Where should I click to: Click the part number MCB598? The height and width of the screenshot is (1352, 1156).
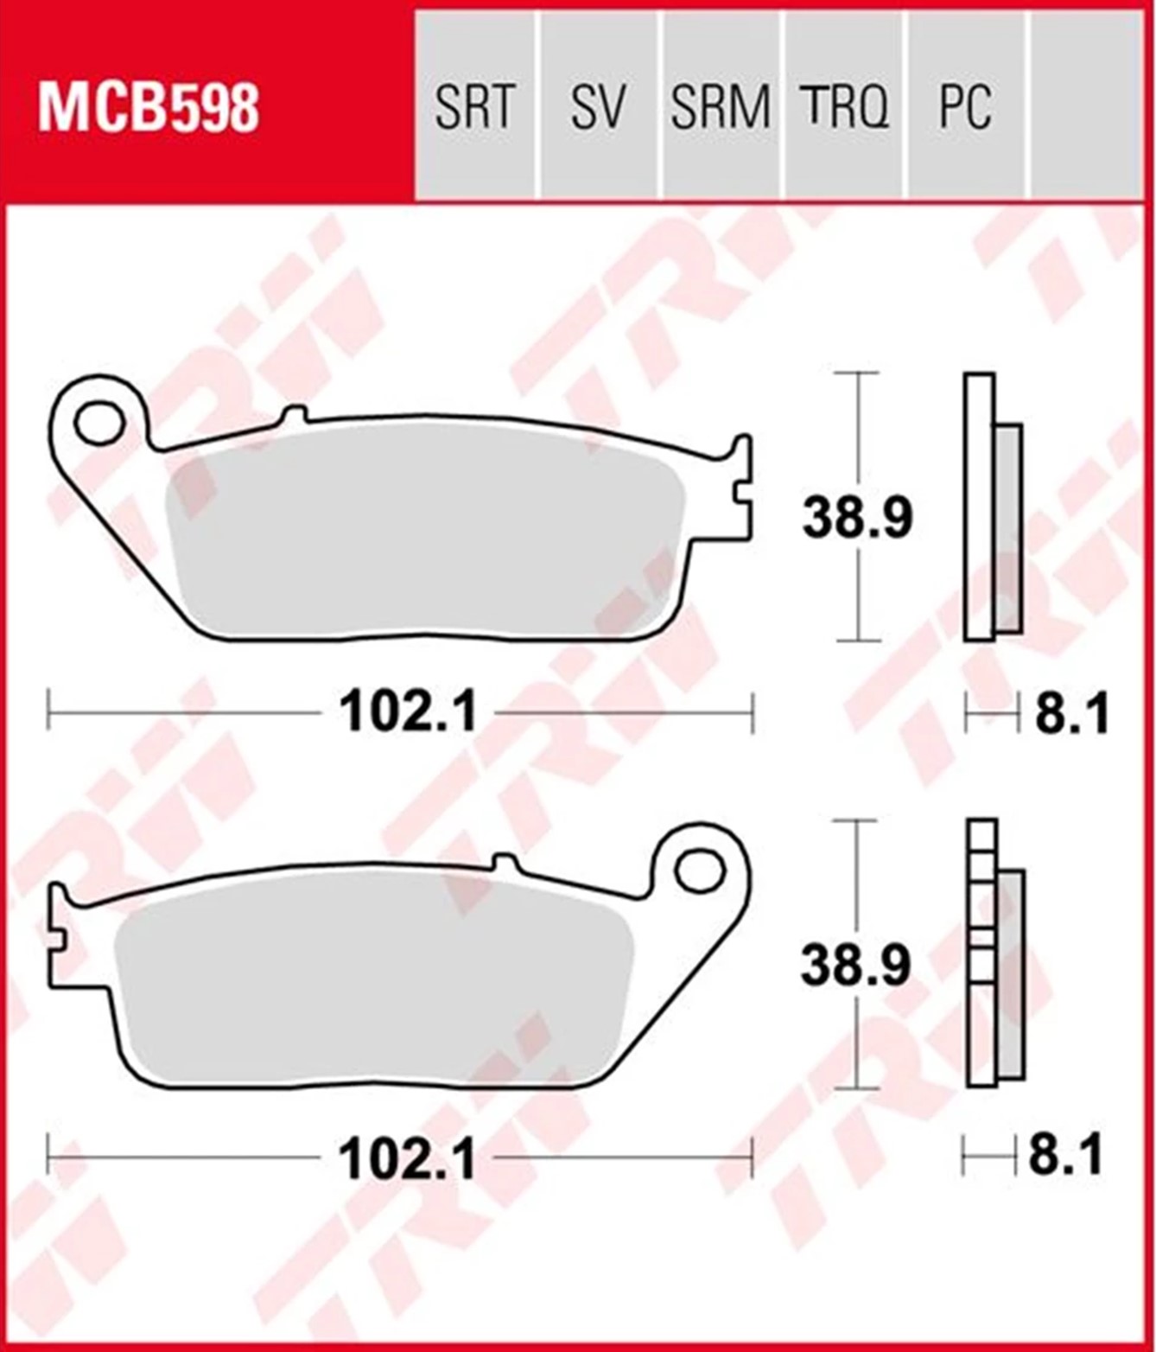pyautogui.click(x=149, y=106)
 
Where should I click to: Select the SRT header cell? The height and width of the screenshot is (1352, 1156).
pyautogui.click(x=474, y=105)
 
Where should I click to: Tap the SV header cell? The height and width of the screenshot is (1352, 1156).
pyautogui.click(x=598, y=105)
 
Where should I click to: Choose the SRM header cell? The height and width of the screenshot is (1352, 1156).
pyautogui.click(x=721, y=105)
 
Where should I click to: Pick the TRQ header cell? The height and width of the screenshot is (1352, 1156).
pyautogui.click(x=843, y=105)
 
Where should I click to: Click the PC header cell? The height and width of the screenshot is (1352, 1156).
pyautogui.click(x=966, y=105)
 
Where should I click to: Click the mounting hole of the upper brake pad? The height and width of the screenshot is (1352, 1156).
pyautogui.click(x=101, y=424)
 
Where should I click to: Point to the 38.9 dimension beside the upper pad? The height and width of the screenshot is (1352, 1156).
pyautogui.click(x=857, y=519)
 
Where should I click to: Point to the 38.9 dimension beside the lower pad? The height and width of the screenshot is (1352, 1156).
pyautogui.click(x=855, y=966)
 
